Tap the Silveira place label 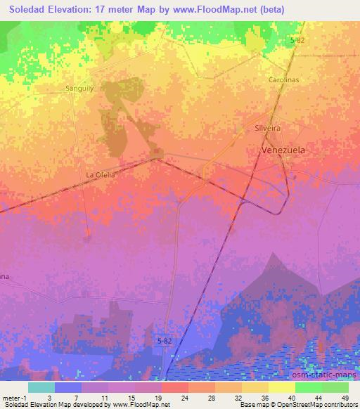[x=267, y=129]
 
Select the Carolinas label [x=284, y=80]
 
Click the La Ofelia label [x=100, y=174]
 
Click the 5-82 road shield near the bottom [x=162, y=340]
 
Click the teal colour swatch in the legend [x=41, y=387]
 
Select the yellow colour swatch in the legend [x=281, y=387]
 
